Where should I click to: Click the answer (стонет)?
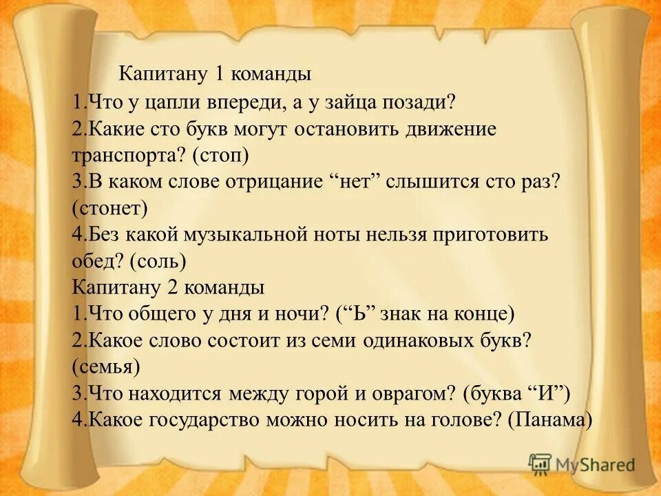(x=110, y=207)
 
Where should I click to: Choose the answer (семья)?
(x=106, y=366)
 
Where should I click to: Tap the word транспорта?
(x=127, y=156)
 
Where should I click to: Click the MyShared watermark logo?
(x=582, y=464)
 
